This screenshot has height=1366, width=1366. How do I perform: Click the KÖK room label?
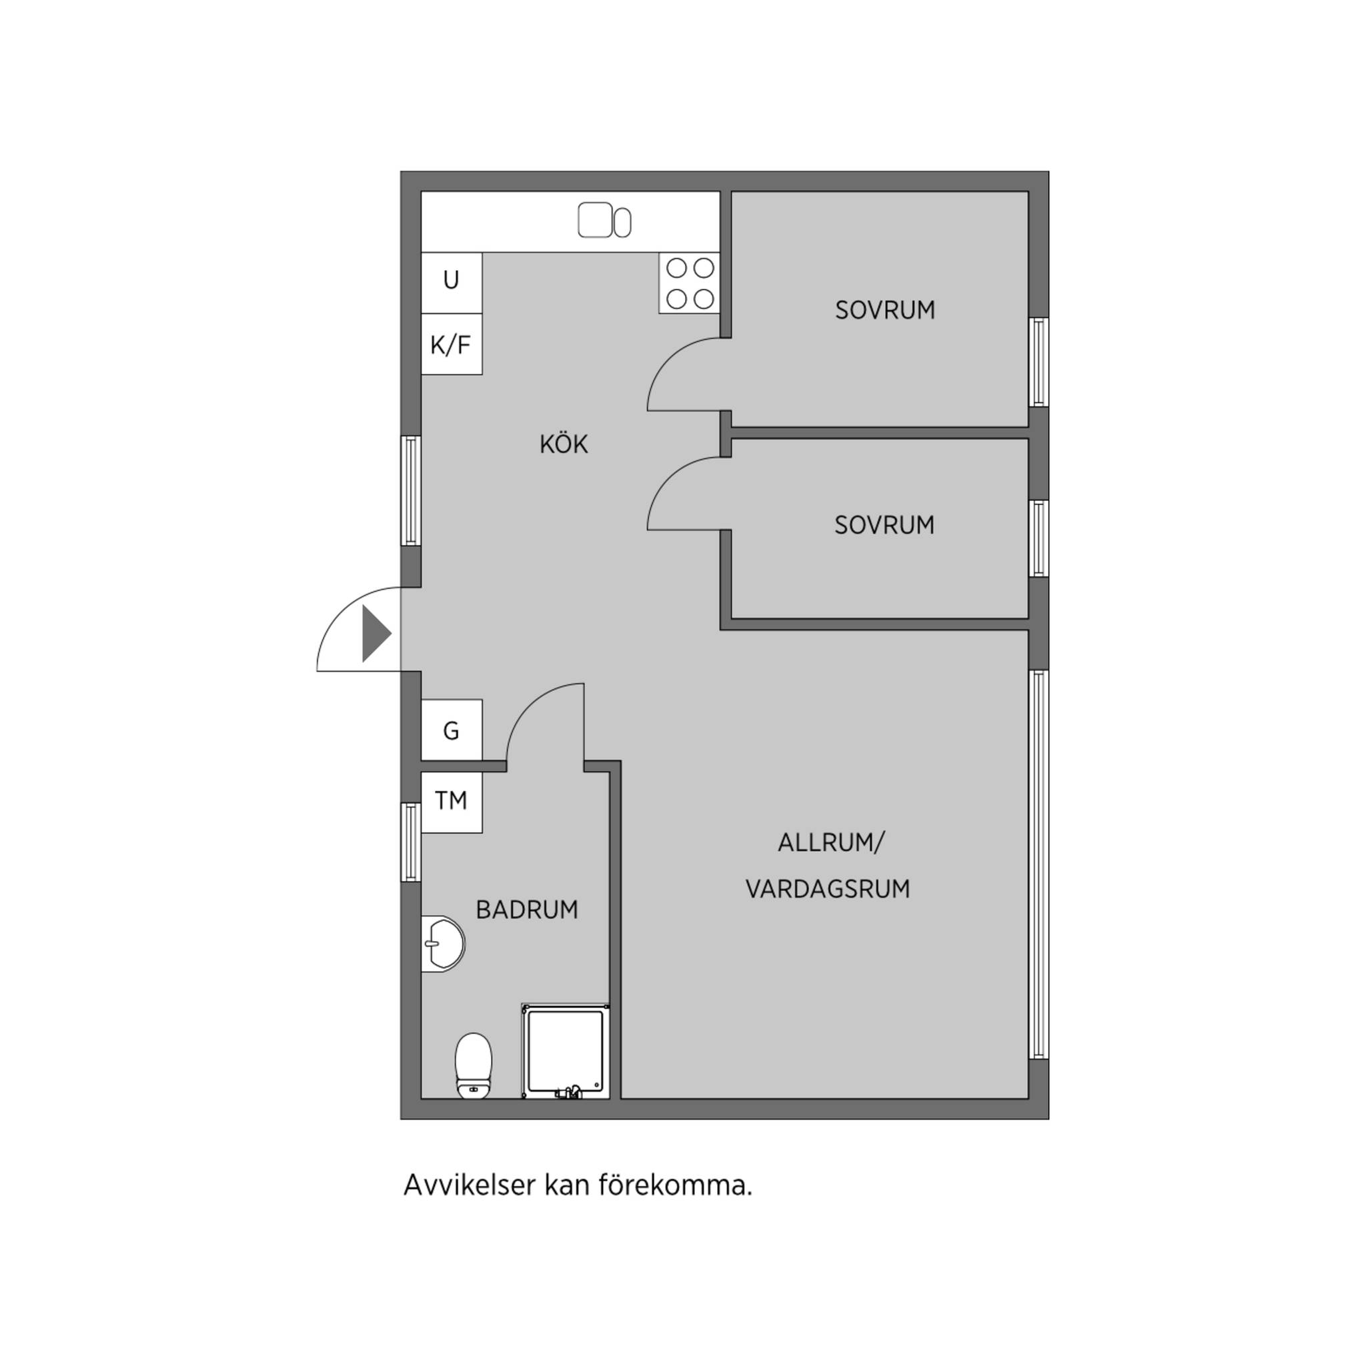tap(564, 444)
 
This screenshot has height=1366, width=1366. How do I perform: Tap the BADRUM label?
tap(527, 909)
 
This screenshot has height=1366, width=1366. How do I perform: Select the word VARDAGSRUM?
tap(827, 888)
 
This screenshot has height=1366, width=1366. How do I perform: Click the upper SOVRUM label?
tap(884, 310)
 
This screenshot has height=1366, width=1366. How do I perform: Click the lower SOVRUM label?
tap(884, 525)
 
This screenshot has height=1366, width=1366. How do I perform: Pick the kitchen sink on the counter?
tap(604, 221)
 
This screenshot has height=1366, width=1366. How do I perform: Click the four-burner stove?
tap(690, 283)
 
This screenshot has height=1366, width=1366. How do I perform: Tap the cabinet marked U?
tap(452, 283)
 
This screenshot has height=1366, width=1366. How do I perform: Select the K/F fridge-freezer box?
tap(452, 344)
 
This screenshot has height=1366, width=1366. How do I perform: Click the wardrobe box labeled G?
tap(452, 730)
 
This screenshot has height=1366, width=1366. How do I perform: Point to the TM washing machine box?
tap(452, 802)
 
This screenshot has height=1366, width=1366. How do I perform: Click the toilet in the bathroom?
tap(473, 1065)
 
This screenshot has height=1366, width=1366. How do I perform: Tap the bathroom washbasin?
tap(443, 943)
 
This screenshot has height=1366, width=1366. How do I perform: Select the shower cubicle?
tap(566, 1051)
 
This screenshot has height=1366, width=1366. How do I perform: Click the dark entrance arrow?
tap(376, 634)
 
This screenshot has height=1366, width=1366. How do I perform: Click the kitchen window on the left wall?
tap(411, 491)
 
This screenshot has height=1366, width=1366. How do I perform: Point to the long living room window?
tap(1039, 864)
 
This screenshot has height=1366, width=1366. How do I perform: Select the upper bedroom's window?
tap(1039, 362)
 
